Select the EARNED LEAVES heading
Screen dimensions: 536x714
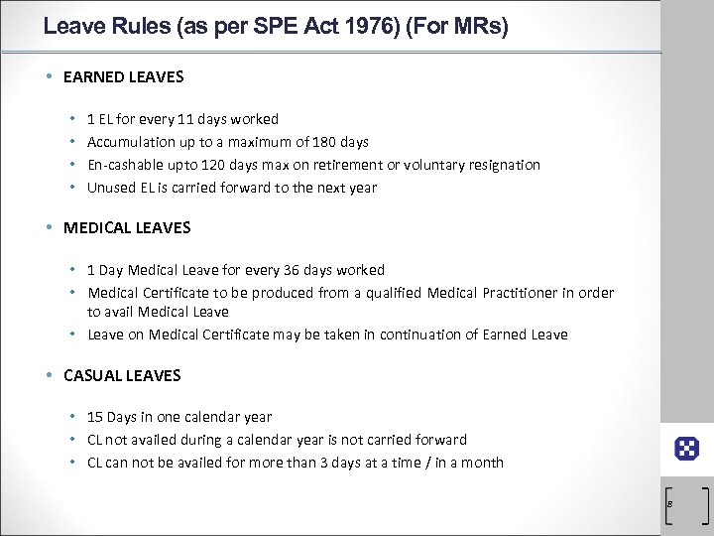(123, 75)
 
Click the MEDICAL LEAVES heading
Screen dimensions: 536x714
(127, 227)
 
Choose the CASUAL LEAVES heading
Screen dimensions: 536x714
(122, 375)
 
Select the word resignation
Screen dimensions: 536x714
(502, 165)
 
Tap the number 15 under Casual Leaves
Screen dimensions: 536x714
(95, 417)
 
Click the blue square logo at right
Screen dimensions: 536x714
(687, 448)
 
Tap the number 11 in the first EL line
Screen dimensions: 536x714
(183, 119)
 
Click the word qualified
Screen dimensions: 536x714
(379, 293)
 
